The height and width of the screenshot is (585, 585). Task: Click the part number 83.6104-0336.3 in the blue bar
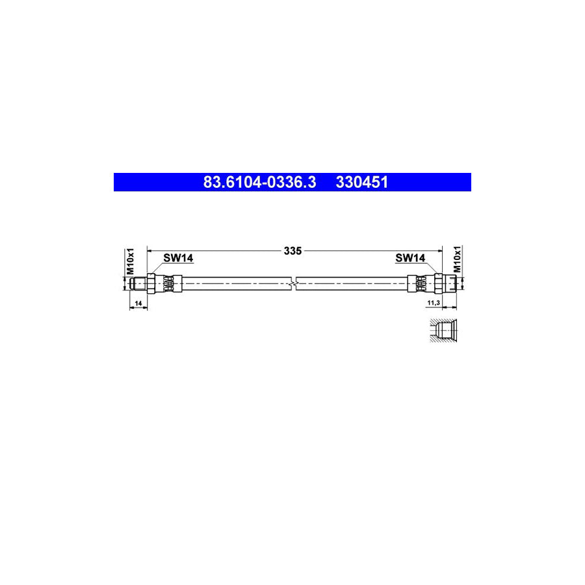click(x=259, y=183)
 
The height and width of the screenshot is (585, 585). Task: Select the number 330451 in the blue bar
click(x=361, y=183)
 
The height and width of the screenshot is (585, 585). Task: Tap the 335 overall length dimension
click(x=293, y=250)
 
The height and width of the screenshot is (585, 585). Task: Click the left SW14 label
click(x=177, y=258)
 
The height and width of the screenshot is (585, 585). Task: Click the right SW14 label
click(x=410, y=258)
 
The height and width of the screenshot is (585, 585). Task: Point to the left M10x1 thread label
click(x=129, y=261)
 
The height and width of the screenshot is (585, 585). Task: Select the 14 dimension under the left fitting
click(x=137, y=304)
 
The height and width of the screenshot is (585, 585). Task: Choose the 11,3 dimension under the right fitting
click(x=434, y=304)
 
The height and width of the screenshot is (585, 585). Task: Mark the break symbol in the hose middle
click(x=294, y=283)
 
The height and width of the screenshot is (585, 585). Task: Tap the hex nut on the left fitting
click(x=151, y=283)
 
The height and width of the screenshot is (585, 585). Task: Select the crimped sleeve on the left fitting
click(x=169, y=283)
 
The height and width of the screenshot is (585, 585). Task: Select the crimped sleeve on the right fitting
click(x=419, y=283)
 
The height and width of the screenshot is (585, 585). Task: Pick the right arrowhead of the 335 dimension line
click(x=439, y=250)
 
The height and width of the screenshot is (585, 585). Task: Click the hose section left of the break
click(x=234, y=283)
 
